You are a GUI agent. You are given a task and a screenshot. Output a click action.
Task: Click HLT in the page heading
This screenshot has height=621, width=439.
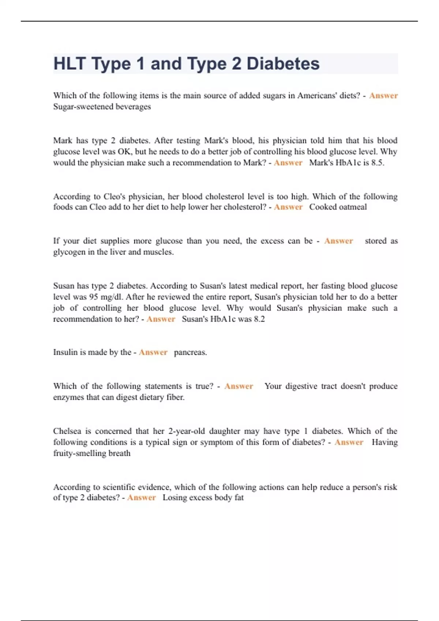tap(69, 64)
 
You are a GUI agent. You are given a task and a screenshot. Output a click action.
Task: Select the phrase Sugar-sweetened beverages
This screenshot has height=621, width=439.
tap(102, 107)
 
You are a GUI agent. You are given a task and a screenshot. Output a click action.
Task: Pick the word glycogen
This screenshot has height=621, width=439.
tap(69, 252)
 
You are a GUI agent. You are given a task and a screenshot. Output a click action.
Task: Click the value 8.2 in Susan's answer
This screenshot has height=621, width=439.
tap(259, 319)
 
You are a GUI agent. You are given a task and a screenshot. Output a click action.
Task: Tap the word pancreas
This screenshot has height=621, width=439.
tap(190, 353)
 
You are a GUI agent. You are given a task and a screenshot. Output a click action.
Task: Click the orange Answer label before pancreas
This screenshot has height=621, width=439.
tap(153, 353)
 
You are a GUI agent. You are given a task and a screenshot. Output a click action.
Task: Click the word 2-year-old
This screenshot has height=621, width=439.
tap(187, 431)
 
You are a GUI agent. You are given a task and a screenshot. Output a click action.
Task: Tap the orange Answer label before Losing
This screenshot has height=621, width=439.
tap(141, 498)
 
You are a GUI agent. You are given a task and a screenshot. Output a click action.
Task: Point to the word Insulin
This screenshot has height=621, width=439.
tap(65, 353)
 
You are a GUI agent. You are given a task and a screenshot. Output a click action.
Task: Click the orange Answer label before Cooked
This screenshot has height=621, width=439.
tap(288, 207)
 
